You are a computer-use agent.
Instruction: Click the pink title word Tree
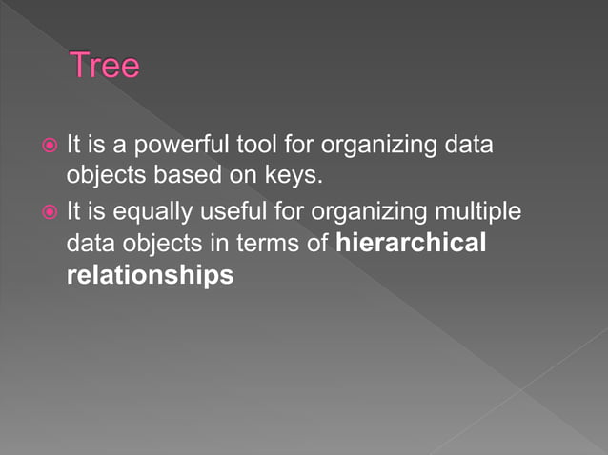pyautogui.click(x=105, y=67)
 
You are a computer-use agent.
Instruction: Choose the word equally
pyautogui.click(x=139, y=210)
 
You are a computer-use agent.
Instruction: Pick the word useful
pyautogui.click(x=213, y=210)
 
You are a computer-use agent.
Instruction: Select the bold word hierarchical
pyautogui.click(x=412, y=243)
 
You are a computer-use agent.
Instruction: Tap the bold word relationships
pyautogui.click(x=150, y=276)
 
